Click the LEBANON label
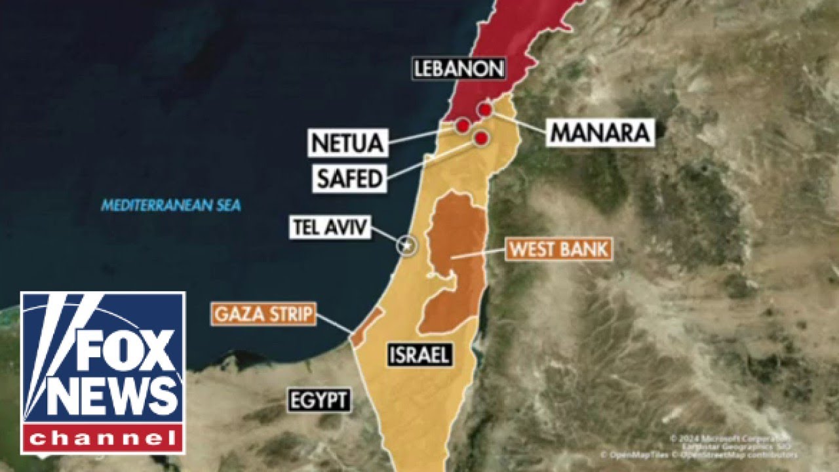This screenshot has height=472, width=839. coord(459,69)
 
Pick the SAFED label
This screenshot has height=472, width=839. coord(349,178)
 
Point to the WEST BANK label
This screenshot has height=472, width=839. coord(559,250)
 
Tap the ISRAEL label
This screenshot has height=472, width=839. coord(419,355)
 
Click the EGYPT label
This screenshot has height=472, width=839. coord(319,399)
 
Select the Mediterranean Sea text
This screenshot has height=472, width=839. coord(170,206)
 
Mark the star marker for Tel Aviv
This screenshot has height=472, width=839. coord(407,245)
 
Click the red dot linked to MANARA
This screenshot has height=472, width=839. coord(485,109)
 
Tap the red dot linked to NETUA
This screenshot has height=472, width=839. coord(463,125)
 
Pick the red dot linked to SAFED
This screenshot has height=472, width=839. coord(482,138)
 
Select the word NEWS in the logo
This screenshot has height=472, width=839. coord(111,396)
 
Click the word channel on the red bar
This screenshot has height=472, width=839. coord(104,438)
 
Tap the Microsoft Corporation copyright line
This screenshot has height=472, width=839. coord(728,438)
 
